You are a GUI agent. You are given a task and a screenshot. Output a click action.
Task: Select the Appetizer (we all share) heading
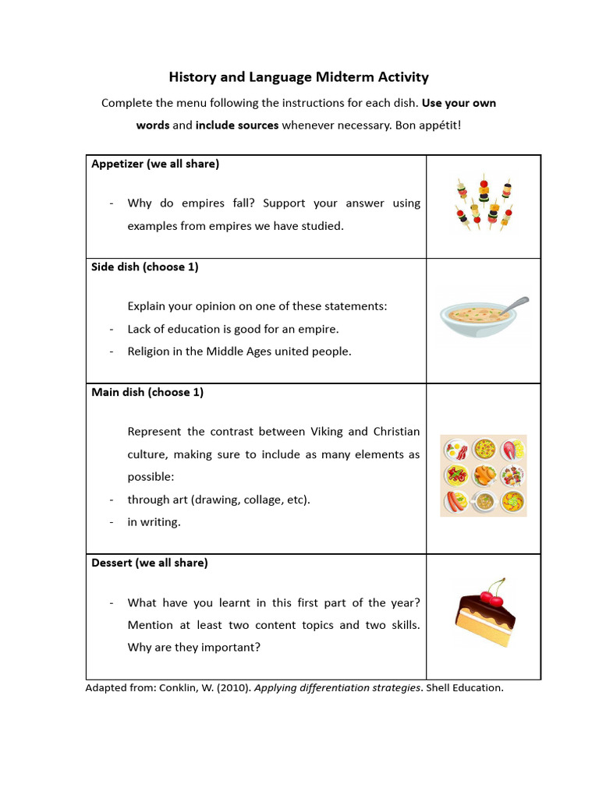155,164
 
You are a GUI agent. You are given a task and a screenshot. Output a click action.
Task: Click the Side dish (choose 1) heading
145,267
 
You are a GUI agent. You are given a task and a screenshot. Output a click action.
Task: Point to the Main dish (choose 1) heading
147,392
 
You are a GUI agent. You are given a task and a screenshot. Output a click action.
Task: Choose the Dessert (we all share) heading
150,563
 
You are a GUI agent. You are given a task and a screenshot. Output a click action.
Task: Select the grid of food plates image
484,475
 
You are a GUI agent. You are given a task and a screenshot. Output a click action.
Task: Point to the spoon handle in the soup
515,304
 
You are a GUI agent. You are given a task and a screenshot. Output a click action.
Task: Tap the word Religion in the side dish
151,351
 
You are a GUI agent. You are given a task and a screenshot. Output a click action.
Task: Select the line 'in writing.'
154,522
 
